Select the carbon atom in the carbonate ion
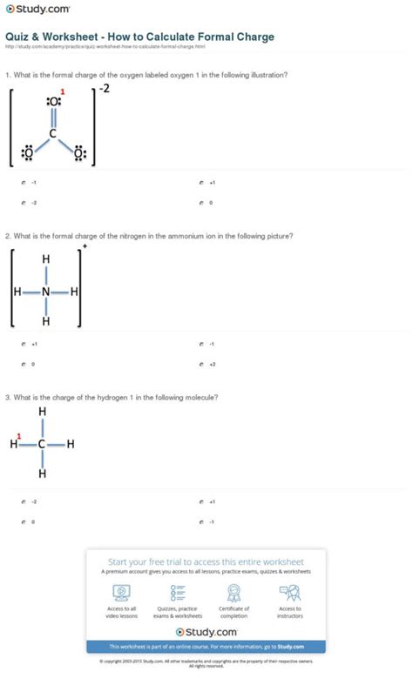tap(53, 134)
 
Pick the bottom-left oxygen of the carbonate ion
tap(27, 155)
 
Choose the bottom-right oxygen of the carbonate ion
tap(79, 155)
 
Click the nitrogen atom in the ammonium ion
tap(46, 292)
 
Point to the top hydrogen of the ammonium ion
tap(46, 259)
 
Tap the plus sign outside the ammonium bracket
tap(85, 245)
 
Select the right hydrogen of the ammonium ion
tap(74, 292)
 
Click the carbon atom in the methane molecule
tap(42, 444)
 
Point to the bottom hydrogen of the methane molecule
tap(42, 474)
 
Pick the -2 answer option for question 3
tap(33, 502)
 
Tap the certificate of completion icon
tap(234, 591)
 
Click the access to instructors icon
tap(289, 591)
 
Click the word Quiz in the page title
tap(20, 37)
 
